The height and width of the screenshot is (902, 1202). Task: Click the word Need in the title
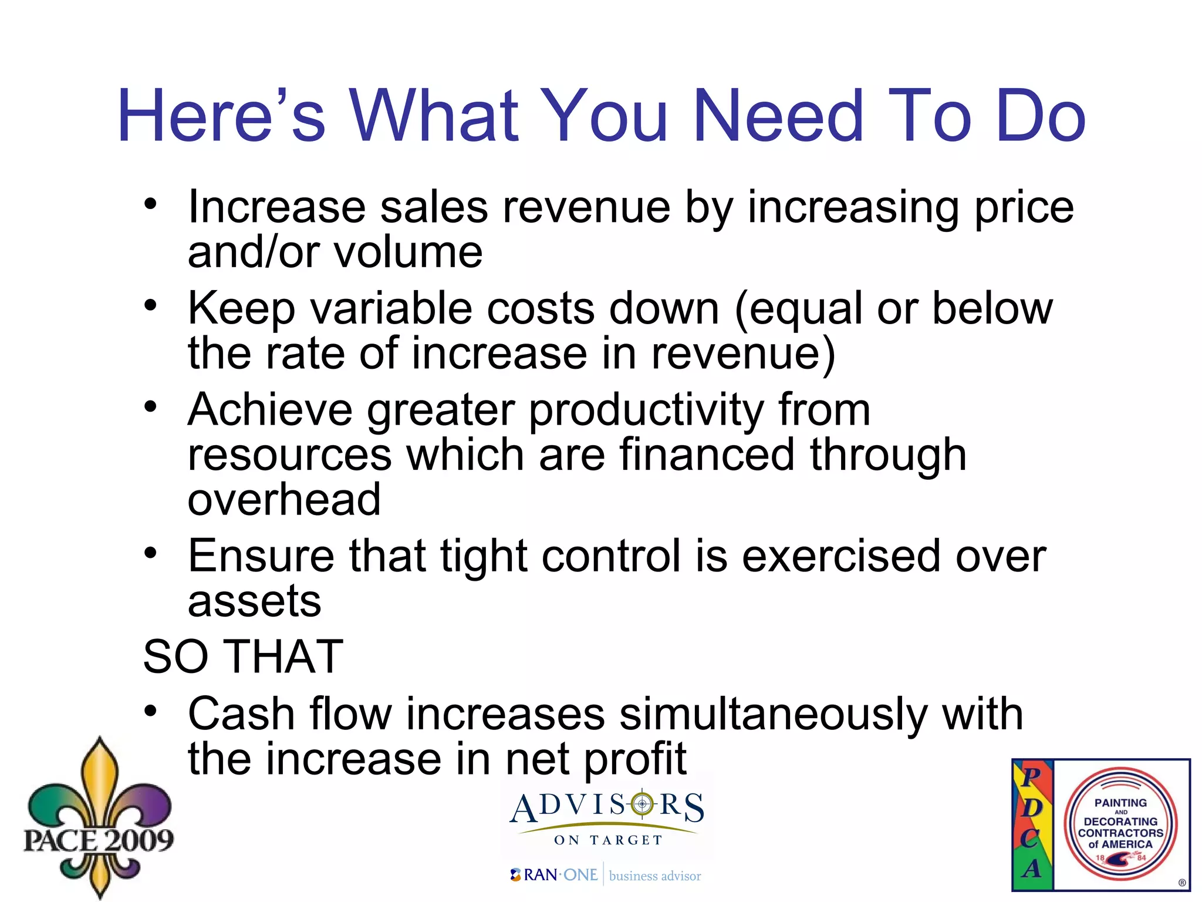click(778, 116)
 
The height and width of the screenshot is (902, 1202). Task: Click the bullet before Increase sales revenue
click(151, 204)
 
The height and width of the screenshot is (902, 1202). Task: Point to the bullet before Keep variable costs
click(151, 305)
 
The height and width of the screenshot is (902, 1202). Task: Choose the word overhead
click(284, 500)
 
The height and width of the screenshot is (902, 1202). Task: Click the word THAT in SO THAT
click(284, 657)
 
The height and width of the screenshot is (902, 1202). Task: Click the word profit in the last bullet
click(634, 759)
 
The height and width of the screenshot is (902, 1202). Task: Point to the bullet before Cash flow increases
click(151, 712)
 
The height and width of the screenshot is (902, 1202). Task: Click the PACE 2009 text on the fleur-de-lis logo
click(99, 840)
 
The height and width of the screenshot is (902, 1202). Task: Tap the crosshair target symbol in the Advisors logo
click(642, 804)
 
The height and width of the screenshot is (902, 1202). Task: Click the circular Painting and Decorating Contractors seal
click(1120, 824)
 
